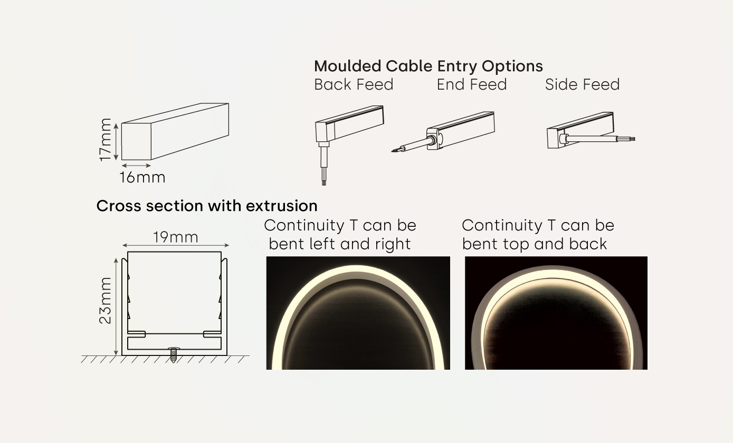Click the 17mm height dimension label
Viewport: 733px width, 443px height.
[x=106, y=140]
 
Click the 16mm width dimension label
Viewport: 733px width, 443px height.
[x=142, y=177]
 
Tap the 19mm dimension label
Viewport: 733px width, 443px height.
[x=176, y=237]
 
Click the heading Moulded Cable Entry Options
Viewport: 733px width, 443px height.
[x=428, y=66]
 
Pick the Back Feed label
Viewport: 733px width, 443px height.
[x=354, y=84]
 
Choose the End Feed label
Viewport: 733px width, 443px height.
[x=471, y=84]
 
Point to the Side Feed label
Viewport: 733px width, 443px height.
[x=582, y=84]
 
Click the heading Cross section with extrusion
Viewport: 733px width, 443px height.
[x=207, y=206]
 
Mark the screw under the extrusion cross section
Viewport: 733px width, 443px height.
[x=173, y=354]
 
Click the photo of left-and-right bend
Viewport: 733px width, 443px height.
[x=358, y=313]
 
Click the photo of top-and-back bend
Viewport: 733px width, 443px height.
[x=556, y=313]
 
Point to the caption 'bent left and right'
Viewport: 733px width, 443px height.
[x=340, y=244]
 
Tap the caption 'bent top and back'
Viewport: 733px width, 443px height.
[x=535, y=244]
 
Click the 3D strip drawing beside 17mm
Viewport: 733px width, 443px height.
[x=175, y=131]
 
